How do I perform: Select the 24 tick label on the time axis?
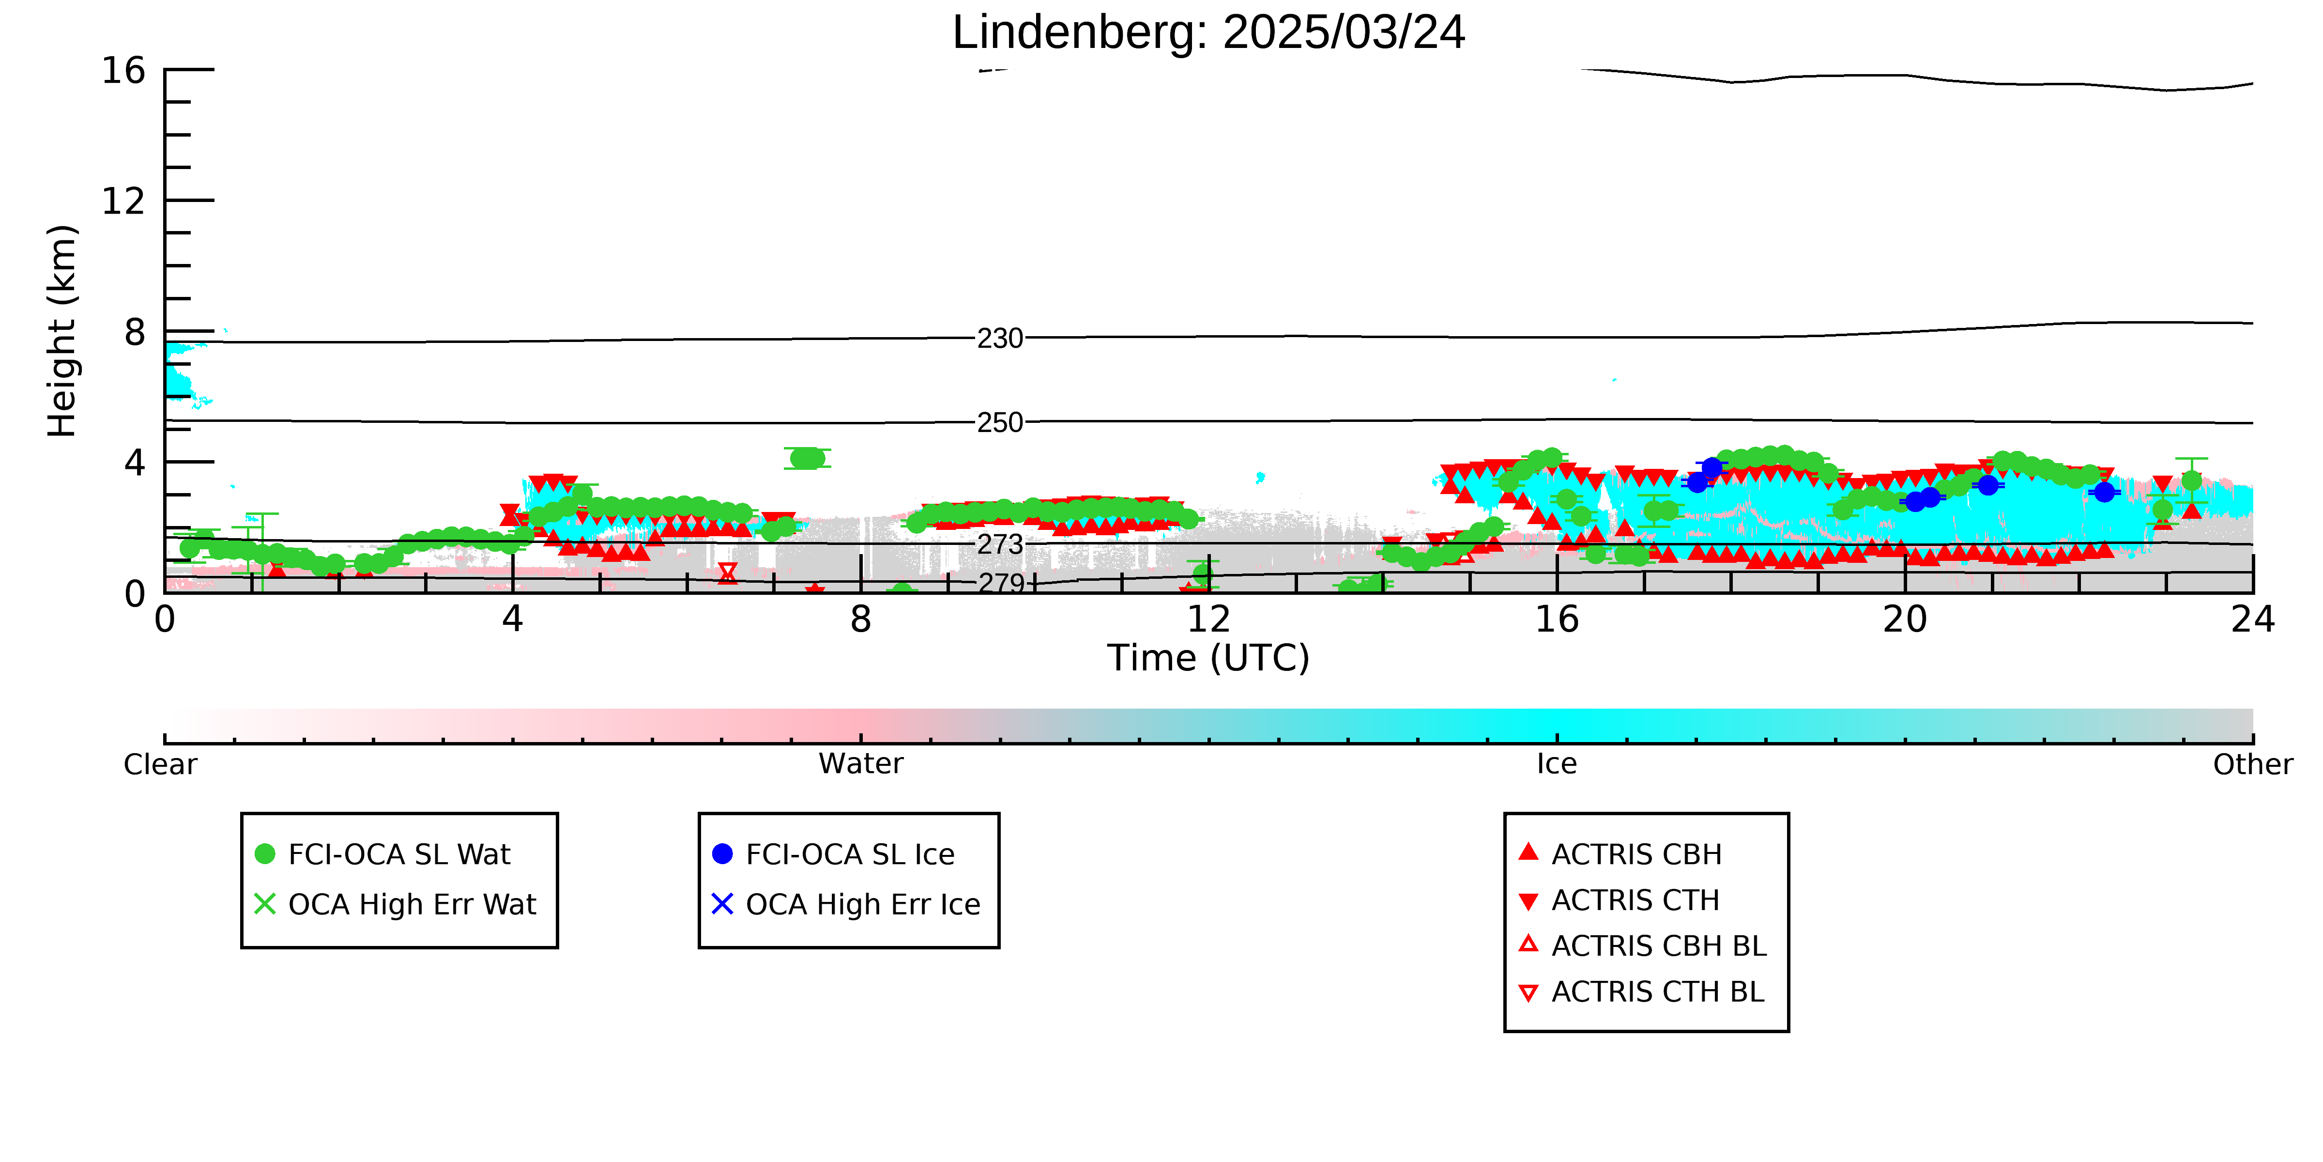coord(2253,620)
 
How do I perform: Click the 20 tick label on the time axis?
coord(1905,620)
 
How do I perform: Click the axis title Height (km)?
coord(62,331)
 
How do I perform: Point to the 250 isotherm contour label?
coord(1000,422)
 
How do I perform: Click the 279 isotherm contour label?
coord(1001,583)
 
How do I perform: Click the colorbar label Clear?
coord(161,764)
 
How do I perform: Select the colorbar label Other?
coord(2253,764)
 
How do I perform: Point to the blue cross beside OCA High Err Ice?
coord(722,904)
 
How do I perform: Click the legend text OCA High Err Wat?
coord(412,904)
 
